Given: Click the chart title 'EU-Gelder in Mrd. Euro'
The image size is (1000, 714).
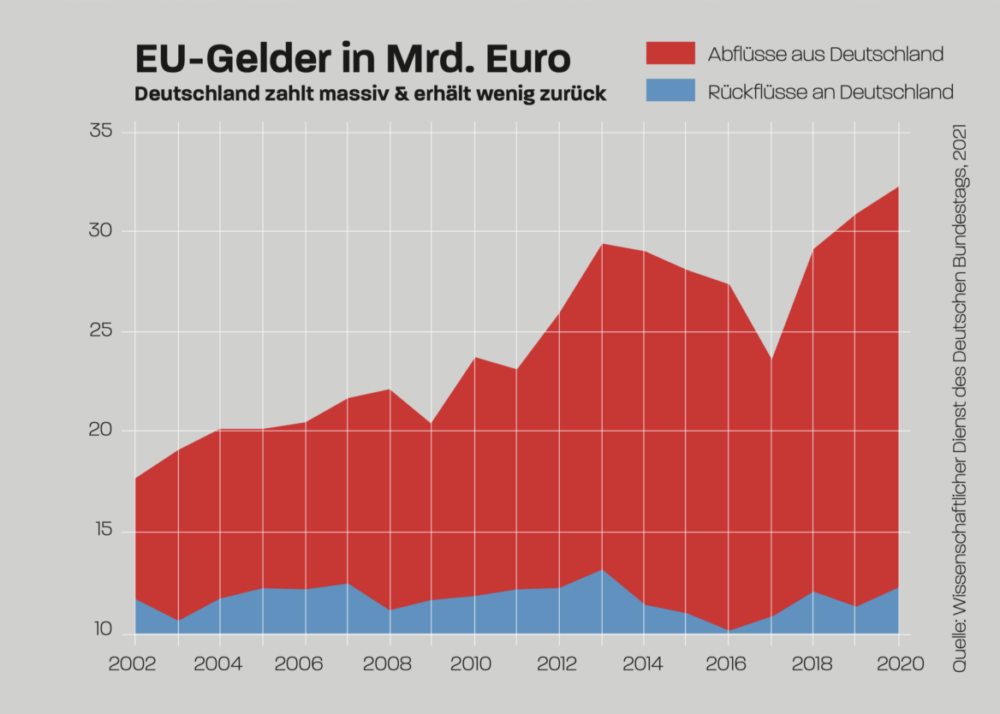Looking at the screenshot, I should (352, 60).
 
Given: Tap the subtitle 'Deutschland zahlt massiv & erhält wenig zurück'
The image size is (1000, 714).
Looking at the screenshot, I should (370, 93).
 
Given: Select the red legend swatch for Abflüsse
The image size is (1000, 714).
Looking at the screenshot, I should (670, 53).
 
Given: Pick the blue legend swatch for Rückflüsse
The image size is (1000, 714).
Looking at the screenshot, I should (670, 91).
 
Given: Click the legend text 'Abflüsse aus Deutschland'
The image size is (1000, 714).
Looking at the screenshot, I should (825, 54).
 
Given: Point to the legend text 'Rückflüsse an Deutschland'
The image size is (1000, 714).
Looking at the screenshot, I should (830, 92).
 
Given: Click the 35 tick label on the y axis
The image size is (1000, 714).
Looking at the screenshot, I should (100, 131).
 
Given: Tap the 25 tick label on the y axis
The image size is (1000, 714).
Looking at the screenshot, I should (100, 330).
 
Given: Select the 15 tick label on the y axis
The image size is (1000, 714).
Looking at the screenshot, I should (100, 531).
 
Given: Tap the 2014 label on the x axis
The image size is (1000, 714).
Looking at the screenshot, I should (644, 664).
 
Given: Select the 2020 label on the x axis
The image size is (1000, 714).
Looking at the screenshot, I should (898, 664).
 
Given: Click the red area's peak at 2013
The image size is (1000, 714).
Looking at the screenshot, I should (602, 244).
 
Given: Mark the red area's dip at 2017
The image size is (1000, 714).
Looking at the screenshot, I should (771, 359).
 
